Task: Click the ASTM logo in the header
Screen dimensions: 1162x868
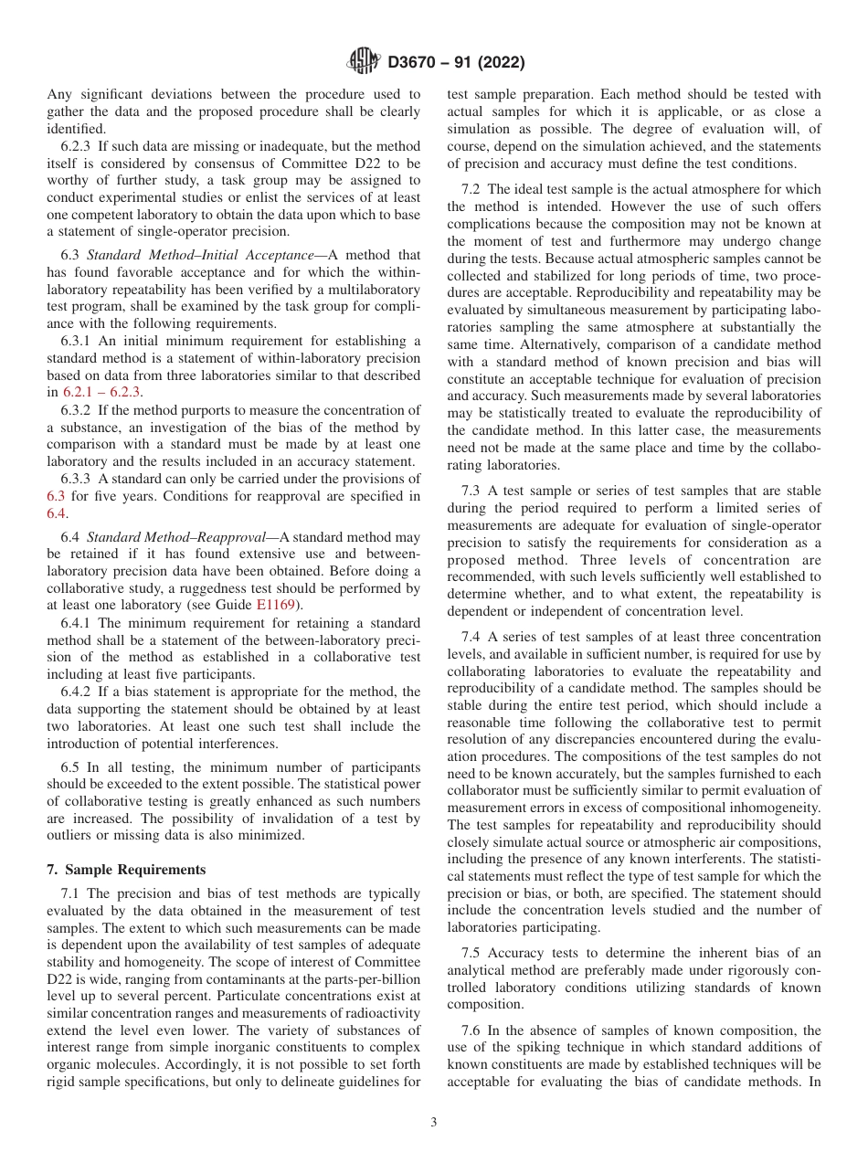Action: tap(365, 63)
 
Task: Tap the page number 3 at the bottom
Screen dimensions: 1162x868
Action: tap(434, 1123)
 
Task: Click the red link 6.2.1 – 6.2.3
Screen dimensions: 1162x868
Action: tap(101, 392)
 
